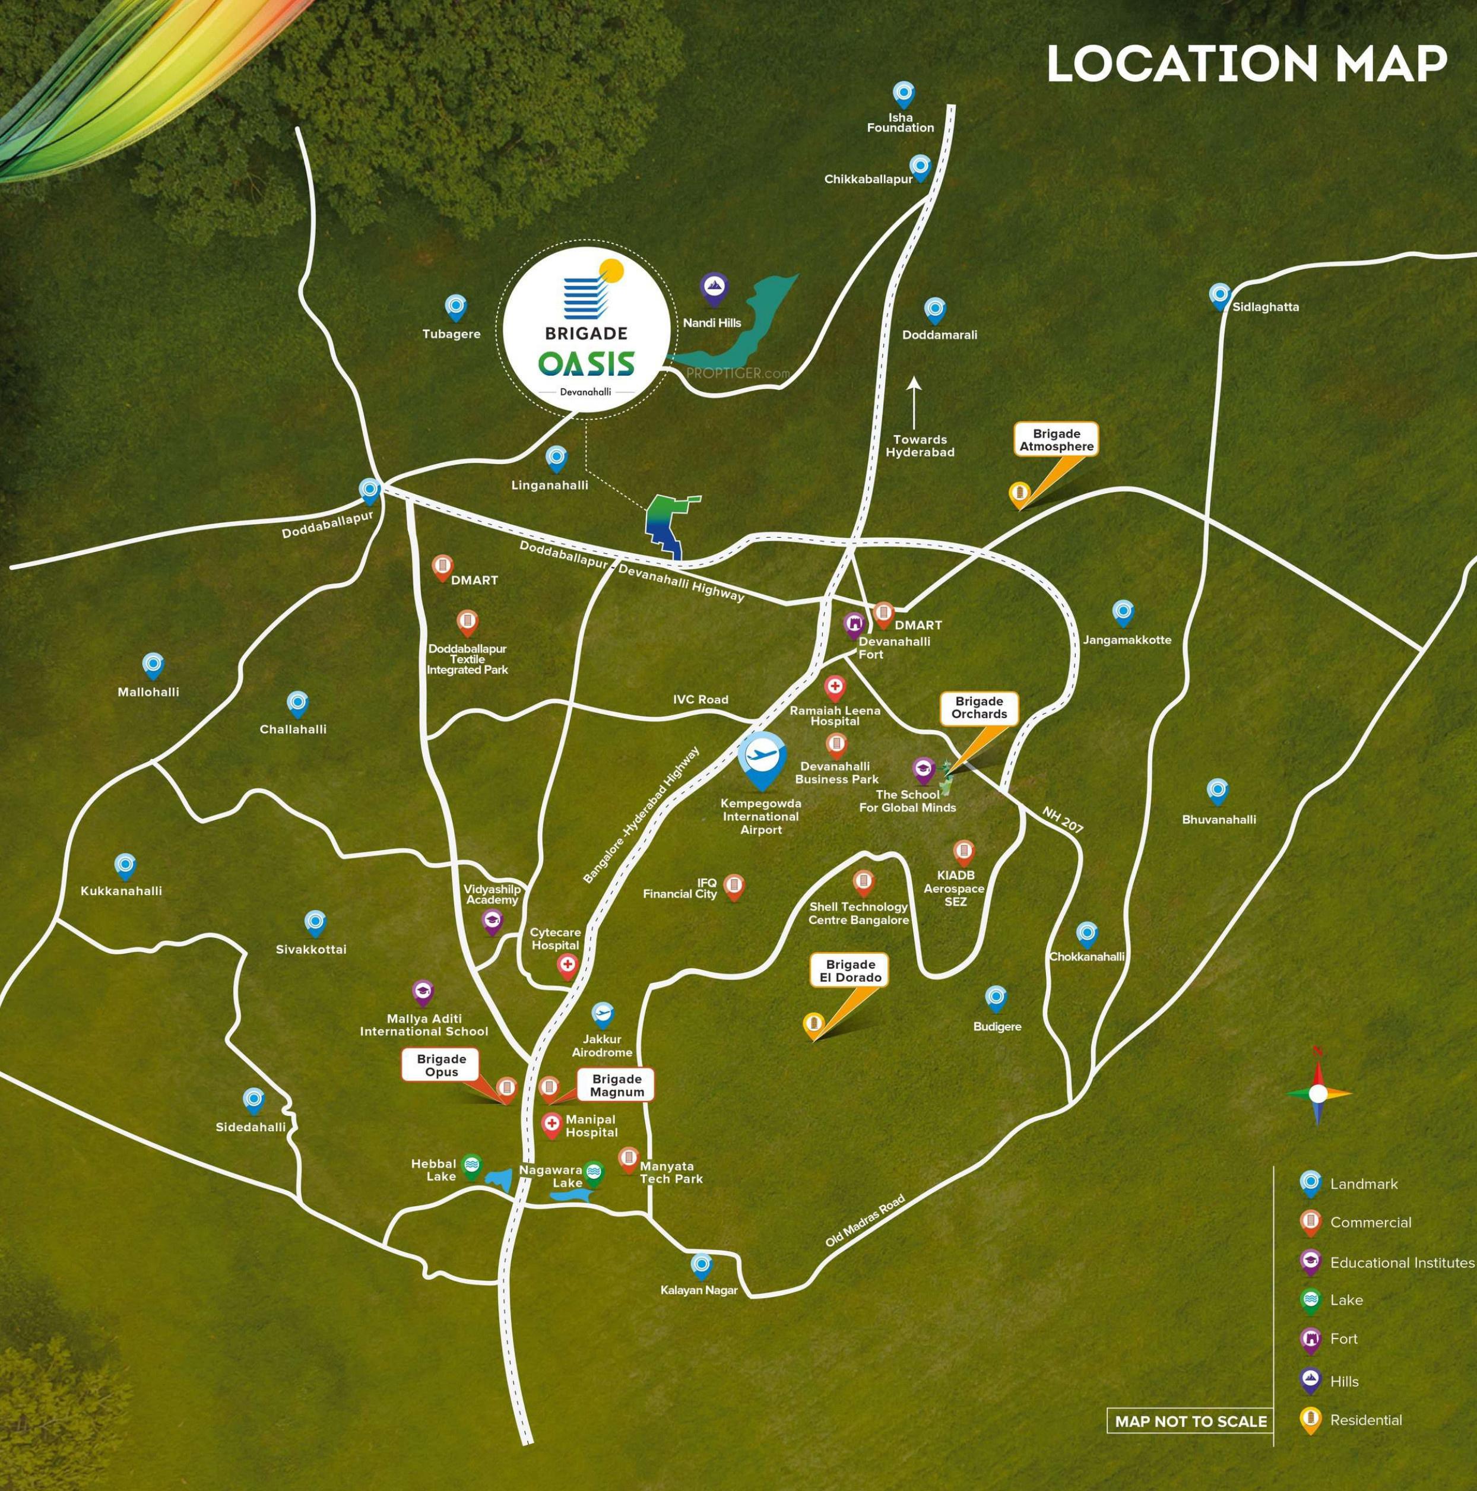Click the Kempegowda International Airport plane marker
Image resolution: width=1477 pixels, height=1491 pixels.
(x=762, y=758)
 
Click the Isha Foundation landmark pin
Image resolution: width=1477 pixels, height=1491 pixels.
(x=904, y=94)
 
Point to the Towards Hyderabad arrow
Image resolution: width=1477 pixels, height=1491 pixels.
(x=914, y=402)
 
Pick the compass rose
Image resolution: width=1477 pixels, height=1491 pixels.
(x=1318, y=1093)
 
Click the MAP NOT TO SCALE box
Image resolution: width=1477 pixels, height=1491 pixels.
(x=1191, y=1422)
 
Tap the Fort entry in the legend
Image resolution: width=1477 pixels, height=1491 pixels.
(x=1343, y=1338)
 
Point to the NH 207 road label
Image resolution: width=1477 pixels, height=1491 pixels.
(x=1063, y=820)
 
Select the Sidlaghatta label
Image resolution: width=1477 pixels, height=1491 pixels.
(x=1266, y=307)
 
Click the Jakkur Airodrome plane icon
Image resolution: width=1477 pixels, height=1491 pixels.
(x=602, y=1013)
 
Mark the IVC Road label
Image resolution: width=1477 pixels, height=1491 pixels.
(x=700, y=699)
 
